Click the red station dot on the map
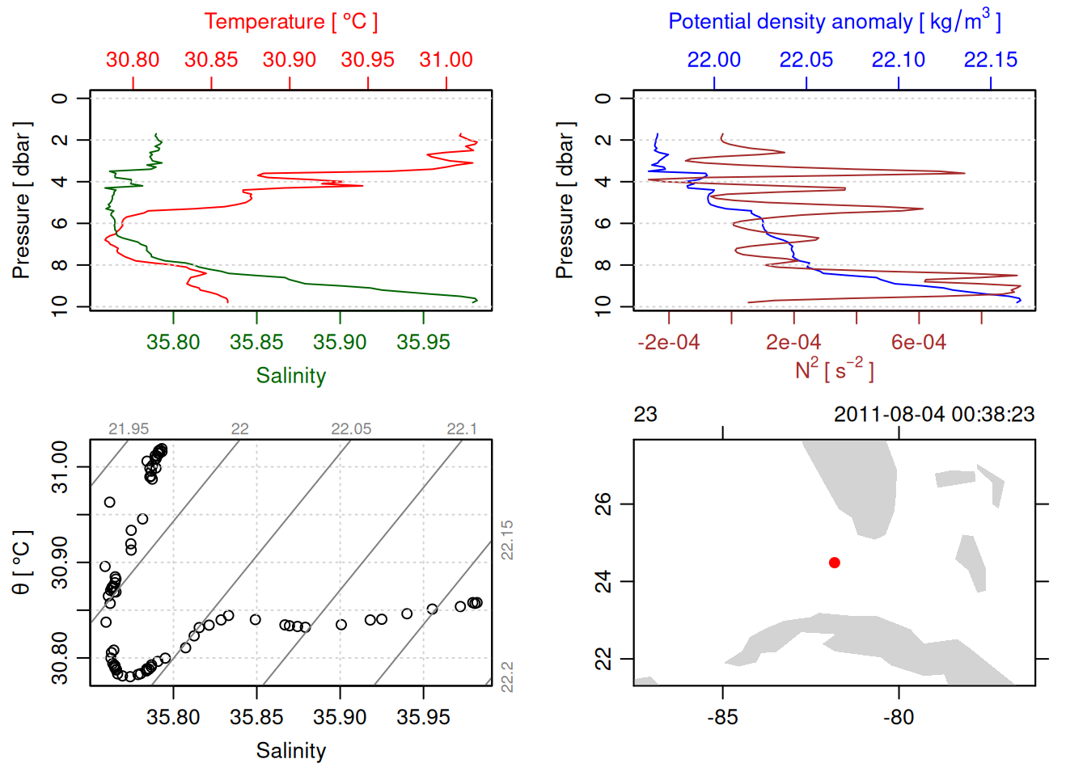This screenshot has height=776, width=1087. click(x=835, y=563)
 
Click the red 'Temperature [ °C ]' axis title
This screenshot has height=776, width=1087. click(x=291, y=22)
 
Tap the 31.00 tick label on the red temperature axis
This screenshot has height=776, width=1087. click(x=446, y=60)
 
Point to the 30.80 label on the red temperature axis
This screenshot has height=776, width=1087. click(x=133, y=60)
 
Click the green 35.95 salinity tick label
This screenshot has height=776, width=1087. click(x=423, y=343)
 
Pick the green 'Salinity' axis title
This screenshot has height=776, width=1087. click(x=291, y=376)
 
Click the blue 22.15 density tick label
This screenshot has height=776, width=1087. click(x=991, y=60)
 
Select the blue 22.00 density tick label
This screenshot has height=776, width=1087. click(x=714, y=60)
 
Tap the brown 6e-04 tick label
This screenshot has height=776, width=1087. click(x=919, y=343)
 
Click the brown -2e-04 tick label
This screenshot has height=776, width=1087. click(x=669, y=343)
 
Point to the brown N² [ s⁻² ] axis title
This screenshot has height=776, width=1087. click(x=835, y=370)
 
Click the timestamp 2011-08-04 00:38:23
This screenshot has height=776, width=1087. click(x=934, y=415)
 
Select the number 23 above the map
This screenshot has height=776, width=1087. click(x=645, y=415)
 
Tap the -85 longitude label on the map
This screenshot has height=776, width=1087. click(x=722, y=717)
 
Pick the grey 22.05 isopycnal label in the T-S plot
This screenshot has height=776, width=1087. click(x=351, y=429)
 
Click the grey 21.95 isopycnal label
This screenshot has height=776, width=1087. click(x=129, y=429)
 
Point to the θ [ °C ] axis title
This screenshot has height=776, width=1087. click(x=22, y=563)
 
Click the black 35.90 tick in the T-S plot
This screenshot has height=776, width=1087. click(x=340, y=717)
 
